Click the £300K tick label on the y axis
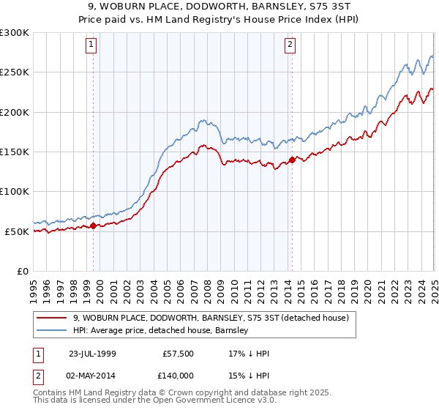pos(15,33)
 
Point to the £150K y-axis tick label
pos(15,152)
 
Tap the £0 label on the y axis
pos(22,271)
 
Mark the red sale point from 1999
pos(94,225)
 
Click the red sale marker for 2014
pos(292,160)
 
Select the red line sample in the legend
pos(53,318)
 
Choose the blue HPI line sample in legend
pos(53,330)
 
